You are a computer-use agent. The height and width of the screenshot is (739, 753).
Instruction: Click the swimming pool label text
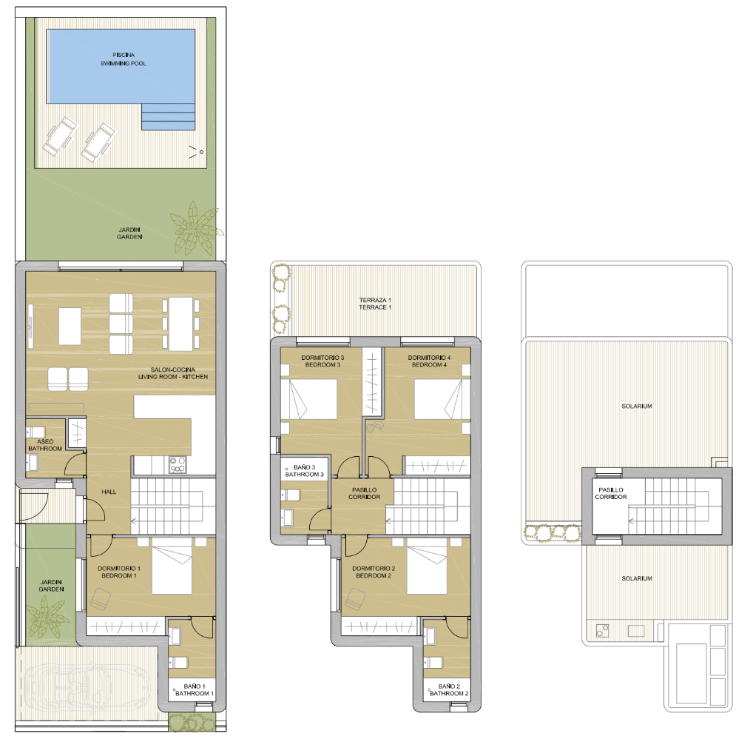click(x=123, y=59)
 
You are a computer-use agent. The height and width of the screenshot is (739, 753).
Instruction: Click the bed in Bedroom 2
click(x=427, y=569)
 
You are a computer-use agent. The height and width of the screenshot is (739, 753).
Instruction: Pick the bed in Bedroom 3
click(x=309, y=399)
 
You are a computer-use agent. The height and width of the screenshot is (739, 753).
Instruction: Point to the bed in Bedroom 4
click(x=442, y=399)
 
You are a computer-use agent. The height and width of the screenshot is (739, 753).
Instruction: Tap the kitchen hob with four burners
click(x=178, y=465)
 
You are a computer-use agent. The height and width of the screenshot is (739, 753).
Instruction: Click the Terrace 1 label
click(x=374, y=303)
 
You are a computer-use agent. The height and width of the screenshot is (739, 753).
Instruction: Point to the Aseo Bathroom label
click(x=45, y=445)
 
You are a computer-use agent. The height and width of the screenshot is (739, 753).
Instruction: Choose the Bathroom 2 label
click(x=449, y=690)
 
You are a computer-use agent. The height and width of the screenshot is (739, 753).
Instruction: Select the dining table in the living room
click(x=180, y=324)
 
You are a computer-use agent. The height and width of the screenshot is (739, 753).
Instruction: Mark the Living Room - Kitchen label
click(x=173, y=373)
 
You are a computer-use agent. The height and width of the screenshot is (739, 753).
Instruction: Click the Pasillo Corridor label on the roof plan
click(x=612, y=493)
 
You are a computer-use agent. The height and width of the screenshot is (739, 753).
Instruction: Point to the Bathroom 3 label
click(x=305, y=471)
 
